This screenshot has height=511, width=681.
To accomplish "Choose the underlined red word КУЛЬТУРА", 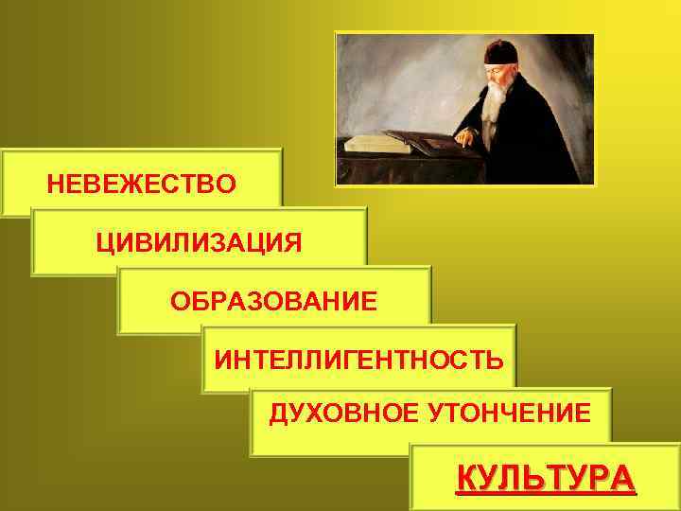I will (x=546, y=478).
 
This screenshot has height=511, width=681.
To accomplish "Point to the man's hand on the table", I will (x=463, y=137).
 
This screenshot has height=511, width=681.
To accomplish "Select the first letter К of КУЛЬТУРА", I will (x=466, y=478).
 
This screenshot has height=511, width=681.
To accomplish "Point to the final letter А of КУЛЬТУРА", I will (x=623, y=478).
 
